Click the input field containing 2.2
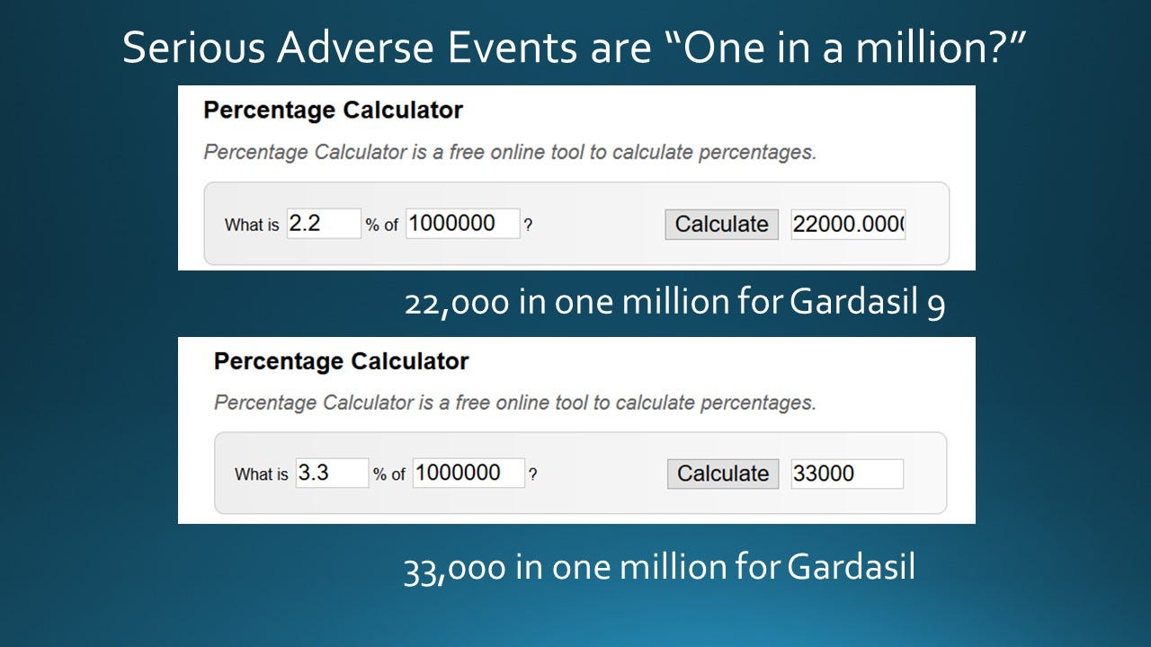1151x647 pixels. [324, 224]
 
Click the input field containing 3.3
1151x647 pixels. [332, 473]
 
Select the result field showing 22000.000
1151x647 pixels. [848, 224]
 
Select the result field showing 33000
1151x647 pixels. [847, 473]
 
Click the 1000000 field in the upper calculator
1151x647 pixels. [462, 224]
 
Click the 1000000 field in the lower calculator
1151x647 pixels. [468, 473]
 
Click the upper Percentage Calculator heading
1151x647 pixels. [333, 111]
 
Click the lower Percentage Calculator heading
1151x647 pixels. [341, 361]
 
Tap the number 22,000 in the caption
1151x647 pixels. [456, 304]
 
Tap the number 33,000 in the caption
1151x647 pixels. [454, 568]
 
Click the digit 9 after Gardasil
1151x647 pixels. [935, 306]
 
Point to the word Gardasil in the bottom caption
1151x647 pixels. [850, 568]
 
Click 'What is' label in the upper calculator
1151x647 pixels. [252, 226]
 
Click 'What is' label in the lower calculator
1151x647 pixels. [261, 474]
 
